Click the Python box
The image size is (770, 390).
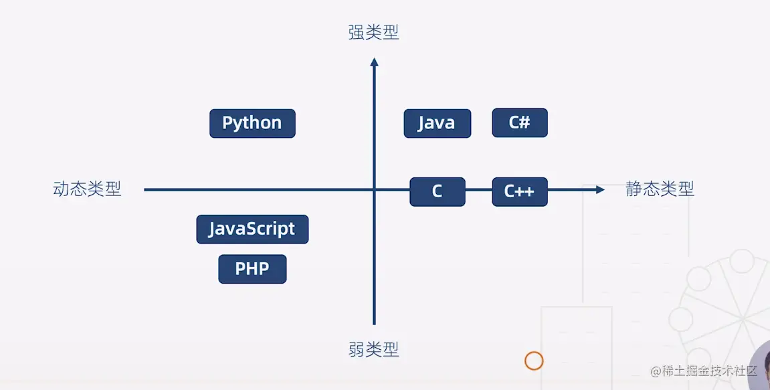[252, 123]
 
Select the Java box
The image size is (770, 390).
[437, 123]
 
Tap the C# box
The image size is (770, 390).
[520, 122]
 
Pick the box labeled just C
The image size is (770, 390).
[437, 191]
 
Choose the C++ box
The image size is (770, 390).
[520, 191]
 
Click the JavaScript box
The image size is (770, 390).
[252, 229]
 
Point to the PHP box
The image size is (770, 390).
[252, 269]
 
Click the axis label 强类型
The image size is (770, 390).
[373, 32]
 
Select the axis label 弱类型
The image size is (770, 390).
[373, 349]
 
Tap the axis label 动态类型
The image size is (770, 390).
[87, 189]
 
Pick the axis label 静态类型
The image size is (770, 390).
[660, 189]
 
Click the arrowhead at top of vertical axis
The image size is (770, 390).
[374, 62]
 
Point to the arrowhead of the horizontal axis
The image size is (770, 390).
[599, 190]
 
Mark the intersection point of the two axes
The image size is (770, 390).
[374, 190]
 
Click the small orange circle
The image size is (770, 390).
[533, 361]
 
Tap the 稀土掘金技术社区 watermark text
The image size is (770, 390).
[709, 371]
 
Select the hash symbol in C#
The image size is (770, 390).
[525, 122]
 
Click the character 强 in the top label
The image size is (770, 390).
[357, 32]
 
